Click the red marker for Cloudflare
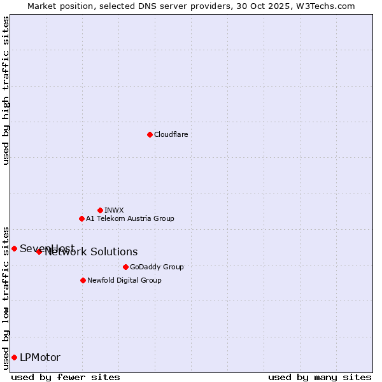coord(150,134)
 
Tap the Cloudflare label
coord(171,134)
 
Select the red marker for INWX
coord(100,210)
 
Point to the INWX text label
coord(114,210)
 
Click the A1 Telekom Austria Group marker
coord(81,218)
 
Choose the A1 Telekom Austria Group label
coord(130,218)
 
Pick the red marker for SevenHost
coord(14,248)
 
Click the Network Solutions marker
coord(39,251)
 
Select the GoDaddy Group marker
coord(125,267)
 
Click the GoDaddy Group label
coord(157,267)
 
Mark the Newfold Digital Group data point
coord(83,280)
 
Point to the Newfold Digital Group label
coord(124,280)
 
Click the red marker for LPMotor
coord(14,357)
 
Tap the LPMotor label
coord(40,358)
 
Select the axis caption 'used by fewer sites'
coord(66,378)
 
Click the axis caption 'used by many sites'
coord(320,378)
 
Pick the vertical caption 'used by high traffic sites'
coord(6,90)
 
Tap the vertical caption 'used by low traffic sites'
coord(6,297)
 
